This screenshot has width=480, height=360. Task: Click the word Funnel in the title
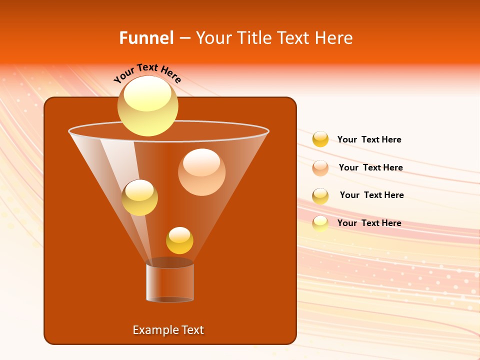[146, 38]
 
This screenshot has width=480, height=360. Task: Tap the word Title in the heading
[254, 38]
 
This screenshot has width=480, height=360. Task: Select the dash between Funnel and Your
[184, 38]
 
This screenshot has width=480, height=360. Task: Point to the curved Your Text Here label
[147, 73]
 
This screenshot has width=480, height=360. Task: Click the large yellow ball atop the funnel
[148, 105]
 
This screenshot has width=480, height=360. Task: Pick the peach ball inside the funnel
[201, 171]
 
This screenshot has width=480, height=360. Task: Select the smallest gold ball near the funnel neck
[179, 240]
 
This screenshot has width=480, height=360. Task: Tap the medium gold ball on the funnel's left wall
[139, 197]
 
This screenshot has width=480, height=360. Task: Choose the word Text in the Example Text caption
[192, 330]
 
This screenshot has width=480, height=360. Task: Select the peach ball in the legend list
[320, 168]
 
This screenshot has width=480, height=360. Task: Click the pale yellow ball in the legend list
[320, 223]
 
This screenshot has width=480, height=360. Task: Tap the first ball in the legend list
[320, 139]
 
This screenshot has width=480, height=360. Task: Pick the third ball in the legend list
[320, 196]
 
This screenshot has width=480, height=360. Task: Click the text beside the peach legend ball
[370, 167]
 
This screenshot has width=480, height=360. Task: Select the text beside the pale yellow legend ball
[369, 223]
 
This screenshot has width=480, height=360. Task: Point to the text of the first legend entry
[369, 139]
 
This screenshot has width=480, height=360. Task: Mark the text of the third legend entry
[371, 195]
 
